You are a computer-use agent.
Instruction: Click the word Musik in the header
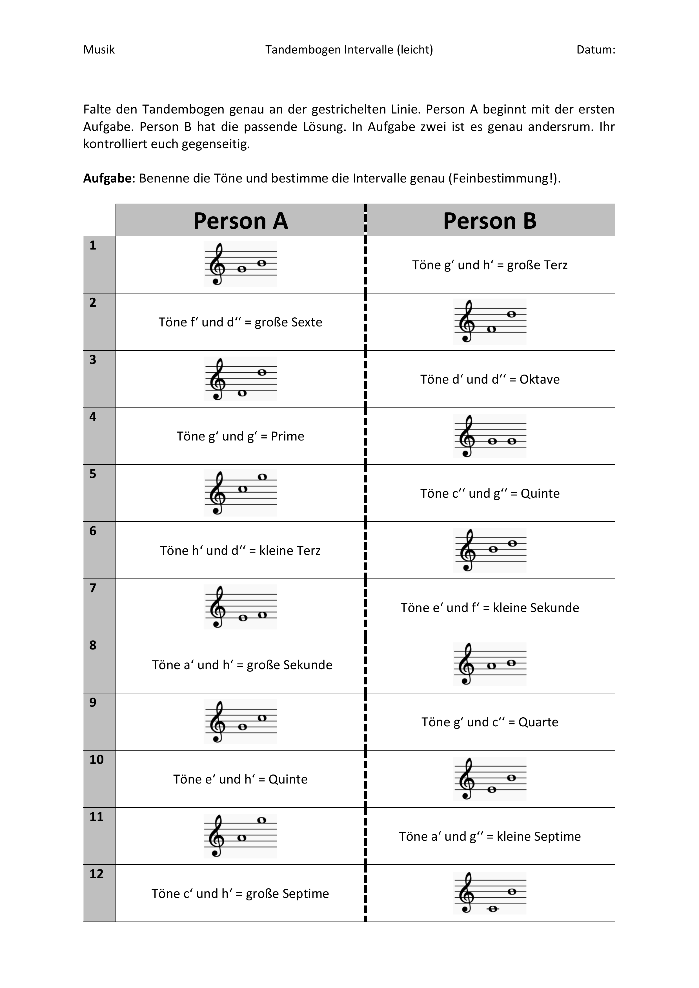(99, 50)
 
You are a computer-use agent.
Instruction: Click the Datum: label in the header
(596, 50)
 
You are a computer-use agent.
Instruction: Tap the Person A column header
(240, 221)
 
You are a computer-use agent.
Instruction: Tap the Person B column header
(490, 221)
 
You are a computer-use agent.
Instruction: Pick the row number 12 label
(96, 874)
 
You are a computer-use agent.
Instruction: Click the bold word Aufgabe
(107, 178)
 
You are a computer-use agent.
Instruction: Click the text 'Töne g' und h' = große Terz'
(490, 265)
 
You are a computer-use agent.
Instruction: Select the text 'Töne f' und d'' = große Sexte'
(240, 322)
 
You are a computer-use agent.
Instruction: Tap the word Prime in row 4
(288, 436)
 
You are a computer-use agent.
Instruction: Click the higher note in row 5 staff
(262, 477)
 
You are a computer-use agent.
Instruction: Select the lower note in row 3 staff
(242, 393)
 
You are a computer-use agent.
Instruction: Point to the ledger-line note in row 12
(493, 909)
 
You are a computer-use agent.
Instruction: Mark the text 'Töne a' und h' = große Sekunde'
(242, 665)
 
